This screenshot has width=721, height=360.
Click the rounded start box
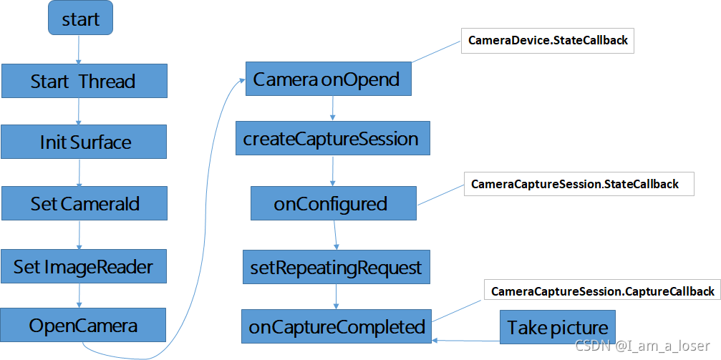click(80, 19)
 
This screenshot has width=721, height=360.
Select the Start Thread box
click(84, 81)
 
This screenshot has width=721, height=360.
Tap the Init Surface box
click(84, 142)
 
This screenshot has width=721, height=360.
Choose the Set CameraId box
click(84, 203)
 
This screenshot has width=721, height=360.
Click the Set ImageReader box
click(84, 266)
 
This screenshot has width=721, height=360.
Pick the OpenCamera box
click(84, 325)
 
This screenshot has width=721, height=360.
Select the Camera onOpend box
click(328, 79)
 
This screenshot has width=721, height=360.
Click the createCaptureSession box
click(332, 138)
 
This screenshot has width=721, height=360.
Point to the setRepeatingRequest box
click(336, 268)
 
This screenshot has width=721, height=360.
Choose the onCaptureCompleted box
click(337, 326)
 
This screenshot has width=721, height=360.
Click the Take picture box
click(557, 327)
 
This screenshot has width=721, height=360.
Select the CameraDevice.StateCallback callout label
click(548, 41)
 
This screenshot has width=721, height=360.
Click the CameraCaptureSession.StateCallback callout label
click(575, 184)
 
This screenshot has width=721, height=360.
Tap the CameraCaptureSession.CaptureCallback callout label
click(602, 291)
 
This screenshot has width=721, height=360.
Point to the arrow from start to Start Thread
click(78, 50)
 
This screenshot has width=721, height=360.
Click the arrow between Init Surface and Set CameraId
click(79, 172)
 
